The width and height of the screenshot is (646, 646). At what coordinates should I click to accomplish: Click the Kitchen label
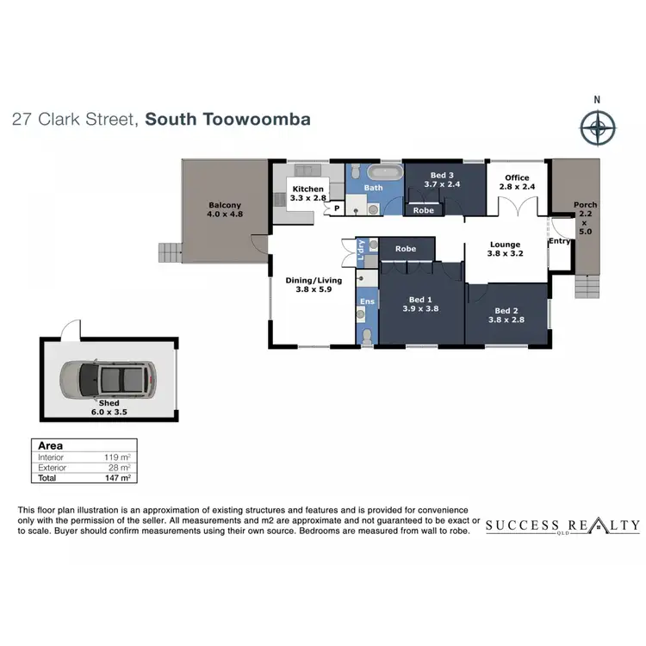(307, 189)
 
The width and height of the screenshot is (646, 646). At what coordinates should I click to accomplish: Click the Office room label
(517, 178)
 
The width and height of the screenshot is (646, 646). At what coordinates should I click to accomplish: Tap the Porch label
(585, 205)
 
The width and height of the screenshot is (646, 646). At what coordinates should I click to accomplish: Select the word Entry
(559, 241)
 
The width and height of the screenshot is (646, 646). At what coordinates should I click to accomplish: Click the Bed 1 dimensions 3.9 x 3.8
(422, 308)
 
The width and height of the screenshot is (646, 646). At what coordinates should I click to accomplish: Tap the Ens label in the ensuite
(367, 301)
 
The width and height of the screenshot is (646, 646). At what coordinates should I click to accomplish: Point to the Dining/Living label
(314, 280)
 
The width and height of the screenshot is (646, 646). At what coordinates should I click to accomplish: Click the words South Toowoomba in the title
(227, 119)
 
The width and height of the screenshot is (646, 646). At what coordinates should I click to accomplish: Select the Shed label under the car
(109, 402)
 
